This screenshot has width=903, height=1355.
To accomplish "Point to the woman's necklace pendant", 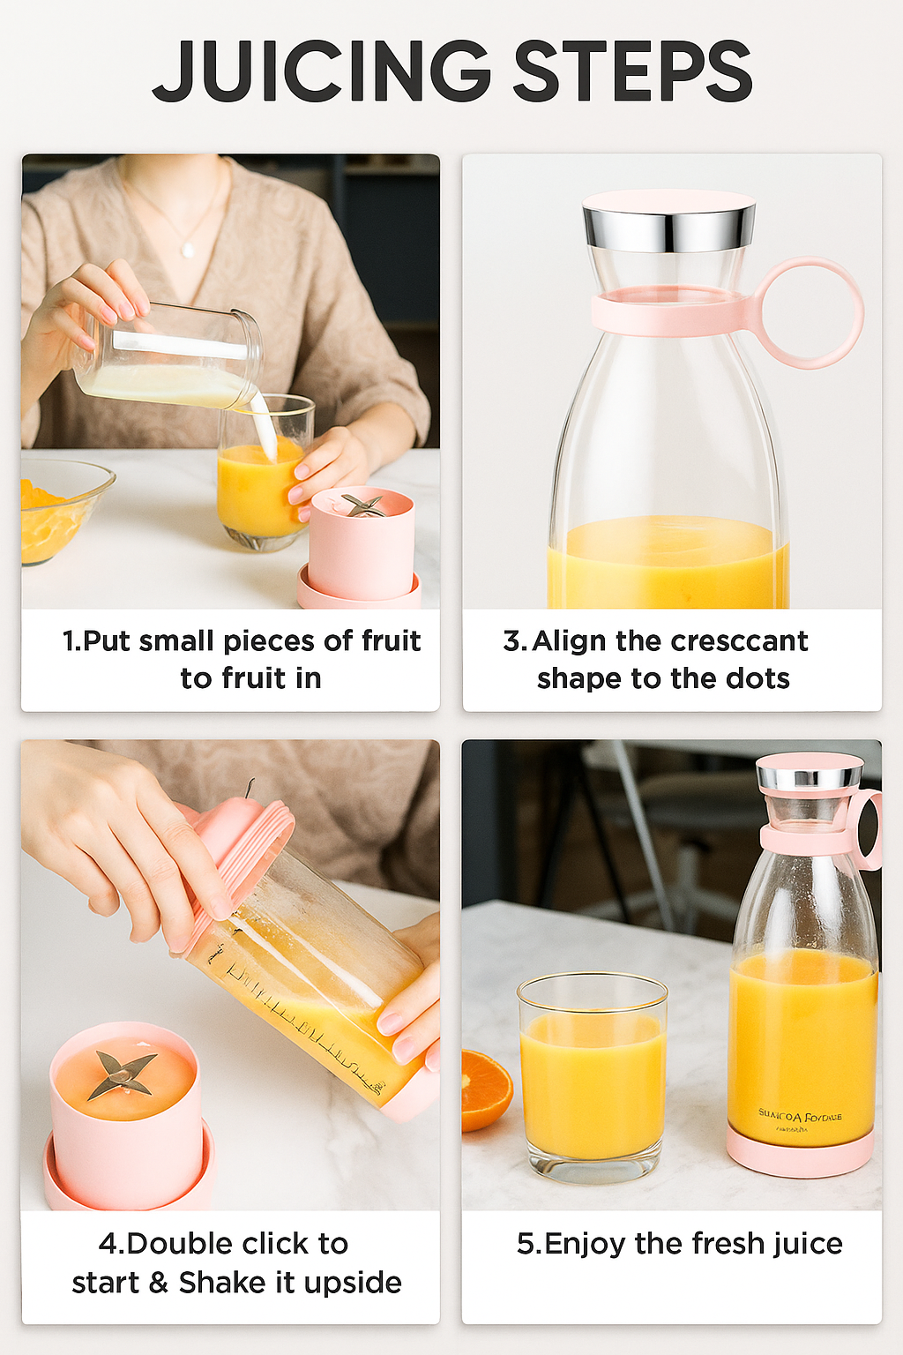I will pyautogui.click(x=187, y=250).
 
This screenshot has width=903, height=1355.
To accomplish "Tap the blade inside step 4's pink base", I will pyautogui.click(x=123, y=1074).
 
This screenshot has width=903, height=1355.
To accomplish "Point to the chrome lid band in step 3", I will pyautogui.click(x=668, y=230).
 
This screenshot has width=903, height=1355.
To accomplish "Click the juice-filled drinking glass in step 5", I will pyautogui.click(x=592, y=1076).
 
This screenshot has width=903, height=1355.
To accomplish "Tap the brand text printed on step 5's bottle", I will pyautogui.click(x=800, y=1117).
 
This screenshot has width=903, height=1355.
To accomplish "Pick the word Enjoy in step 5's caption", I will pyautogui.click(x=586, y=1245).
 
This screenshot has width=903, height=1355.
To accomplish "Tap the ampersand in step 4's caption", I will pyautogui.click(x=159, y=1283).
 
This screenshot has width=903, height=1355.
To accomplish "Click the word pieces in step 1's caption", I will pyautogui.click(x=269, y=641).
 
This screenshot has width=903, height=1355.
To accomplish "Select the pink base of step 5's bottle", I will pyautogui.click(x=799, y=1155).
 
